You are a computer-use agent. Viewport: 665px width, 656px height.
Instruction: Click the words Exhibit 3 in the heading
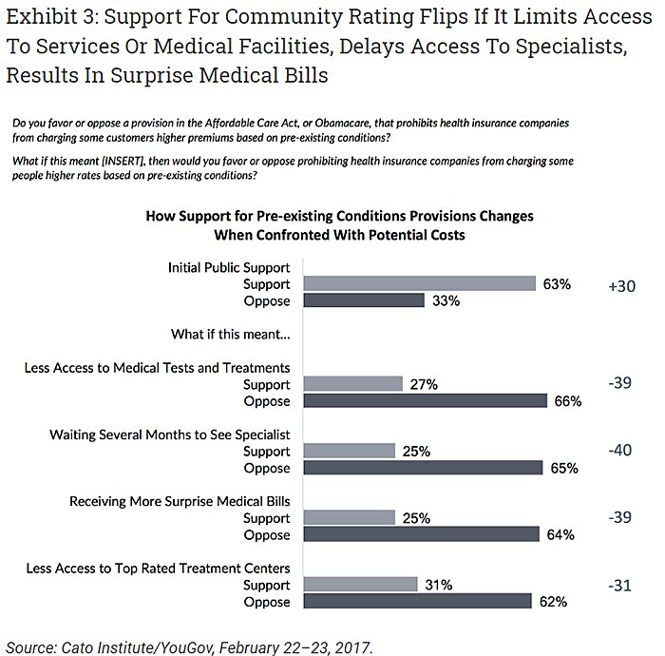(x=56, y=16)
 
